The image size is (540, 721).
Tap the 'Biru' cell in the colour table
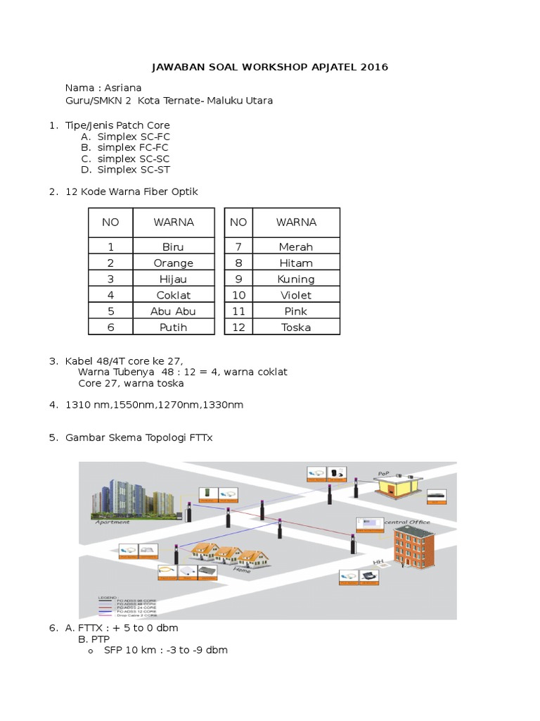click(x=173, y=247)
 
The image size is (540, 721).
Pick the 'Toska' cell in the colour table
click(x=296, y=327)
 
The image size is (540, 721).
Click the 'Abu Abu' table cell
click(x=173, y=311)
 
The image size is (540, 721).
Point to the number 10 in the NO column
click(x=238, y=296)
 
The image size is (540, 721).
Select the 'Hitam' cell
click(x=296, y=263)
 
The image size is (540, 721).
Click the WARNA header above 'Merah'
click(x=296, y=222)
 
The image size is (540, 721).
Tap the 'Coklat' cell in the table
click(x=173, y=296)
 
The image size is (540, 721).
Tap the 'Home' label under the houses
click(x=251, y=571)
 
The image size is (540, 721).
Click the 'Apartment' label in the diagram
click(x=112, y=522)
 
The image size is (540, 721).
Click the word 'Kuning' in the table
click(x=296, y=280)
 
